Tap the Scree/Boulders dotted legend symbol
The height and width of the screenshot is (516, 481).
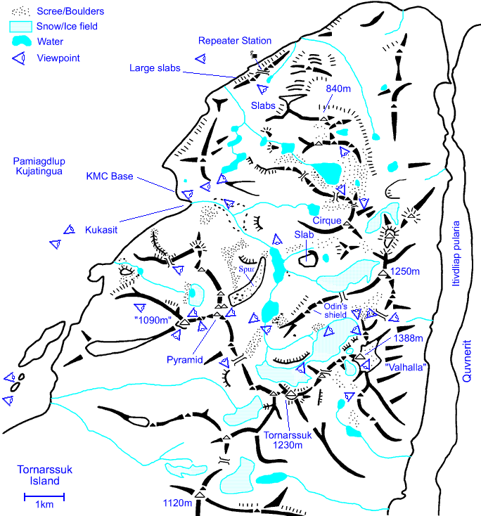tap(21, 11)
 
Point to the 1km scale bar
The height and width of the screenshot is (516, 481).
tap(44, 498)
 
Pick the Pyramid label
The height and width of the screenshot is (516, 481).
tap(185, 359)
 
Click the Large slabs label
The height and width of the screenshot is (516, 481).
tap(155, 68)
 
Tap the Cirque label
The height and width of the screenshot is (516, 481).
tap(327, 220)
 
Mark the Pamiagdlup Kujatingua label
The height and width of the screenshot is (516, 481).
tap(39, 167)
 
